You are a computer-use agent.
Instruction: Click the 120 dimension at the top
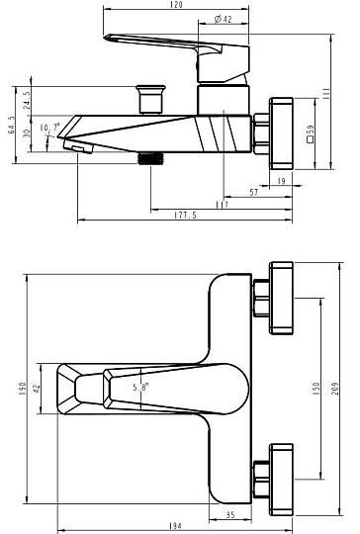tap(176, 4)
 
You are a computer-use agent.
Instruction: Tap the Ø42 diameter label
tap(224, 19)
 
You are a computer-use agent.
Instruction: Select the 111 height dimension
tap(326, 93)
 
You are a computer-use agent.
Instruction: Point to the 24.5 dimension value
tap(27, 100)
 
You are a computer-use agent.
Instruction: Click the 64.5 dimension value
tap(11, 125)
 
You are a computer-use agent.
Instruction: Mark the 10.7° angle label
tap(49, 128)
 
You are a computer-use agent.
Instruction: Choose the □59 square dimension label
tap(310, 133)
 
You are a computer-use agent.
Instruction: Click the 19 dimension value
tap(281, 181)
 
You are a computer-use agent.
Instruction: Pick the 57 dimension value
tap(254, 193)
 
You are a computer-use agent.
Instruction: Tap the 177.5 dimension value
tap(185, 216)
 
